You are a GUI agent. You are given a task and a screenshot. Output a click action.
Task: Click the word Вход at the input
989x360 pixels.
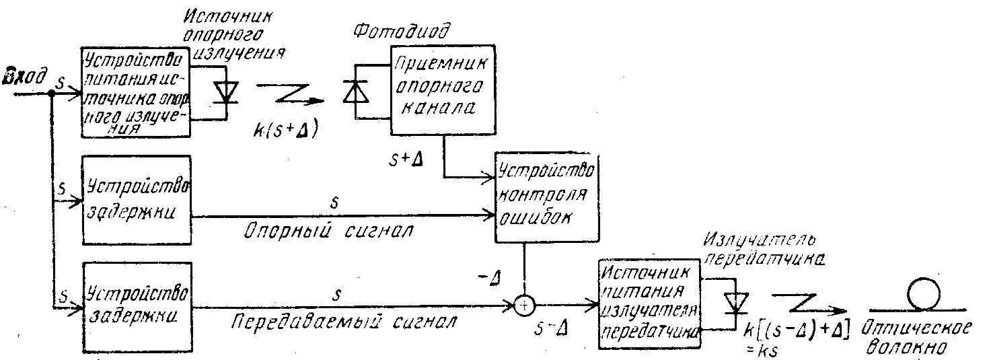[24, 75]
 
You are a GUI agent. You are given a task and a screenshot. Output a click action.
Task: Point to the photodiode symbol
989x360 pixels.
[353, 91]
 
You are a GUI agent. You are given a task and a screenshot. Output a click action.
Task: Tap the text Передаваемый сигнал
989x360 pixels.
[340, 320]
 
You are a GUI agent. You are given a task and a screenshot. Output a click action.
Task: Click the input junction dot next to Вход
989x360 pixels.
[51, 94]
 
